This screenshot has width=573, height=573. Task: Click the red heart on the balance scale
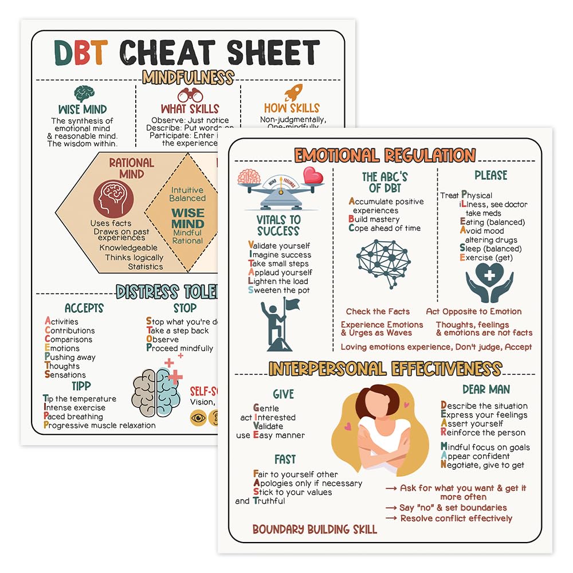313,175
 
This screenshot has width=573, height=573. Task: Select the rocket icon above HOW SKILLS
293,92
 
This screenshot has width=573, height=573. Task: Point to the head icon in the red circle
113,199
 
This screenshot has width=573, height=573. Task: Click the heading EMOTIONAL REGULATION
384,155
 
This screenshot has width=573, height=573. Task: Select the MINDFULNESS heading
188,77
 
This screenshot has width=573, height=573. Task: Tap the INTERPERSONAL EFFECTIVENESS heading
385,368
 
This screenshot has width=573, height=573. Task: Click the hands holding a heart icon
489,282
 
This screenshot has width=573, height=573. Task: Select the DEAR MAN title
486,390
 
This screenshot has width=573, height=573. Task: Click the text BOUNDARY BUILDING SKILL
315,529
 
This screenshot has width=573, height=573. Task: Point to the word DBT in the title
80,53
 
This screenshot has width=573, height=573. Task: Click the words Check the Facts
378,312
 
